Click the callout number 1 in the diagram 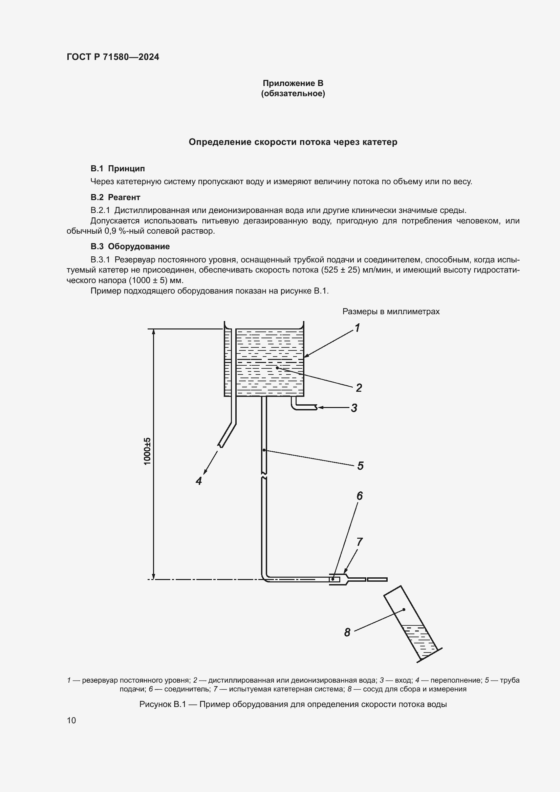click(358, 327)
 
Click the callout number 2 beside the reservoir click(359, 388)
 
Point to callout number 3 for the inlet click(354, 408)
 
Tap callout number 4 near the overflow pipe click(199, 480)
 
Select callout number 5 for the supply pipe click(360, 466)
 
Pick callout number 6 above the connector click(359, 496)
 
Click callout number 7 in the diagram click(359, 541)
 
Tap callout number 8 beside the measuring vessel click(347, 632)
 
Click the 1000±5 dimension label click(147, 451)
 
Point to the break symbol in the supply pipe click(264, 475)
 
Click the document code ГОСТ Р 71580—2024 click(113, 57)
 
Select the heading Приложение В click(293, 83)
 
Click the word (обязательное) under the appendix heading click(293, 93)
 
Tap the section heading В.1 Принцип click(117, 169)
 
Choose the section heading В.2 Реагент click(115, 197)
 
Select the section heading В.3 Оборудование click(130, 246)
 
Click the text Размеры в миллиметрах click(391, 312)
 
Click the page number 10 click(71, 720)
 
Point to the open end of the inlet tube click(316, 407)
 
